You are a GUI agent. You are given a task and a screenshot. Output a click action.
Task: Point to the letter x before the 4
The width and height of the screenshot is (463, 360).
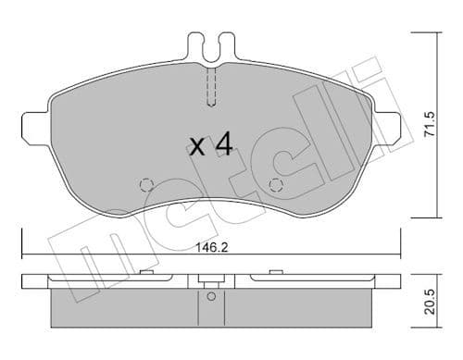(x=196, y=146)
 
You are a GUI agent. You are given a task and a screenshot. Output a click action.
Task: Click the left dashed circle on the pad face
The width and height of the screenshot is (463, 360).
(x=144, y=185)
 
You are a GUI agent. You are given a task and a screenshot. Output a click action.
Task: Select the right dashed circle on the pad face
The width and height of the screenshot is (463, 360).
(x=274, y=185)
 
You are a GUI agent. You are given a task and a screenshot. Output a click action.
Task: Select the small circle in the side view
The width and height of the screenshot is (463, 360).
(x=210, y=297)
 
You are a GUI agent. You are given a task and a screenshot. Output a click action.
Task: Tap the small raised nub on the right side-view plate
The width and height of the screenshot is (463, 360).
(x=275, y=272)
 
